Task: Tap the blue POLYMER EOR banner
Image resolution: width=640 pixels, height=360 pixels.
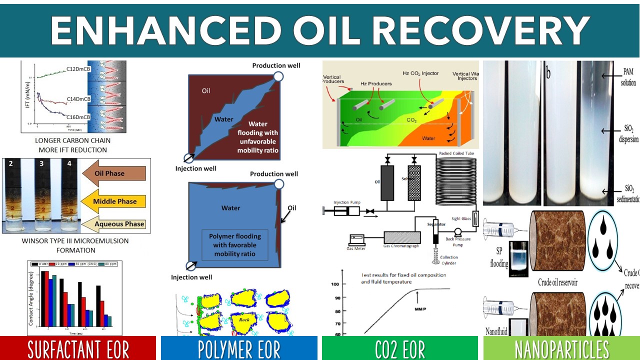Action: pyautogui.click(x=239, y=348)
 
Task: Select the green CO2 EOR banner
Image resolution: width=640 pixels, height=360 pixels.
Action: pyautogui.click(x=399, y=348)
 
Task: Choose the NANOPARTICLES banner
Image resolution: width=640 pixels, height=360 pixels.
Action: pyautogui.click(x=561, y=348)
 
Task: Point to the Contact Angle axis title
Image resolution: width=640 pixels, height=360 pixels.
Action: pyautogui.click(x=30, y=298)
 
